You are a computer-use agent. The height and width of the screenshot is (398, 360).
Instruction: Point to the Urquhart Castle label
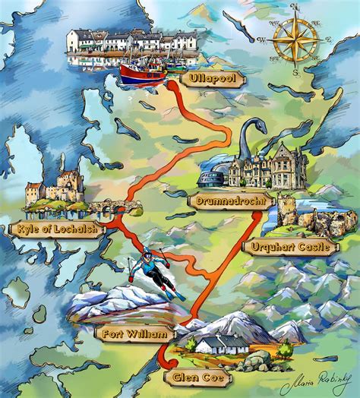click(x=289, y=246)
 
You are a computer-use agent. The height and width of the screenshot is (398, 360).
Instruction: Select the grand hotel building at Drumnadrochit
click(x=270, y=167)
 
